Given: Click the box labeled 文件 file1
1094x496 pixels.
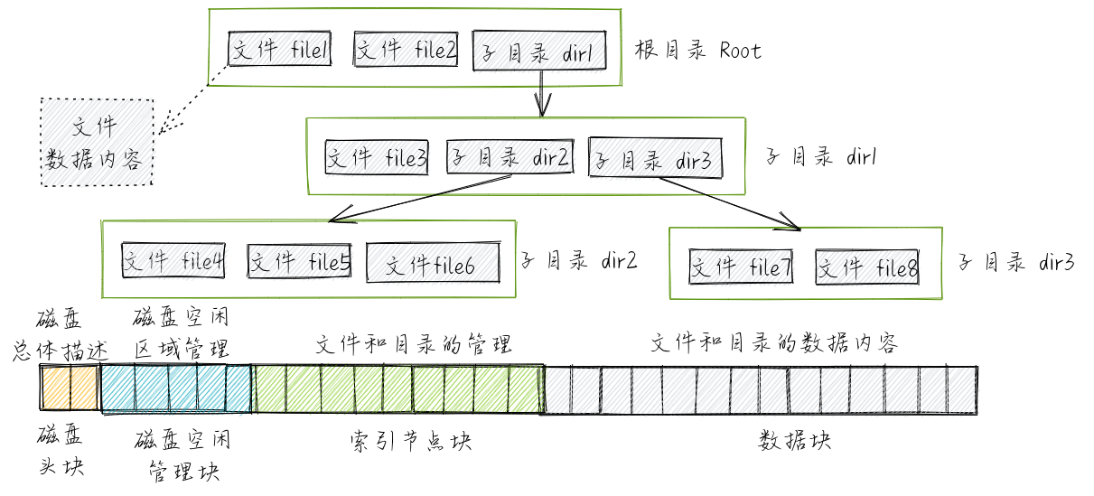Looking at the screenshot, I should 280,51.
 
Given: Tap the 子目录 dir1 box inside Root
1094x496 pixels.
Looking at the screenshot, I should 538,52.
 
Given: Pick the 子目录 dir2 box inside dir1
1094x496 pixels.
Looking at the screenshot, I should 510,158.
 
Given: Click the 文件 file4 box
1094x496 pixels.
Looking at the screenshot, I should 173,262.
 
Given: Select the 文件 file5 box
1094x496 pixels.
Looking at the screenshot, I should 299,262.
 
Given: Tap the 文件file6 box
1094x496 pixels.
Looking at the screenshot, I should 432,264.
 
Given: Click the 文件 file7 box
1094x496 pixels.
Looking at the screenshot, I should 741,267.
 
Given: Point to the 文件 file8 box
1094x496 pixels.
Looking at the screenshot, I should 868,267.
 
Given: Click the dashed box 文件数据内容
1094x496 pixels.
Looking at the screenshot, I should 97,142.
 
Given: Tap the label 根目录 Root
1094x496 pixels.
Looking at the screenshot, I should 697,51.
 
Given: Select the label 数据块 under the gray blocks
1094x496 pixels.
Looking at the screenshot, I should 794,442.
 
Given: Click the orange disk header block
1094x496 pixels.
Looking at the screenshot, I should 69,388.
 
